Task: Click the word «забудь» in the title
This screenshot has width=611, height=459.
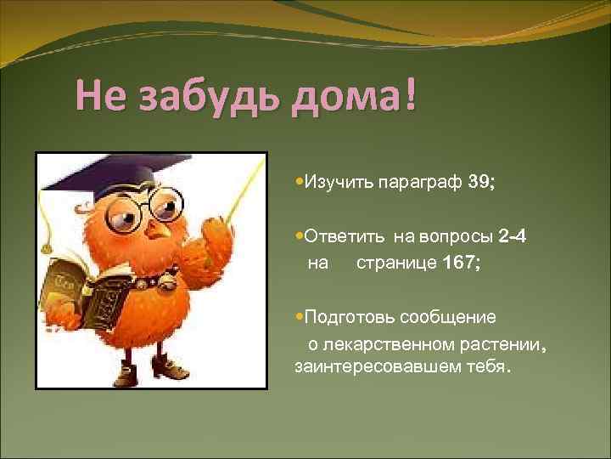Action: (205, 96)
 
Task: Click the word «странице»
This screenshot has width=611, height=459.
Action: (395, 263)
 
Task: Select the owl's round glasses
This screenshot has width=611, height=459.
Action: (161, 206)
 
